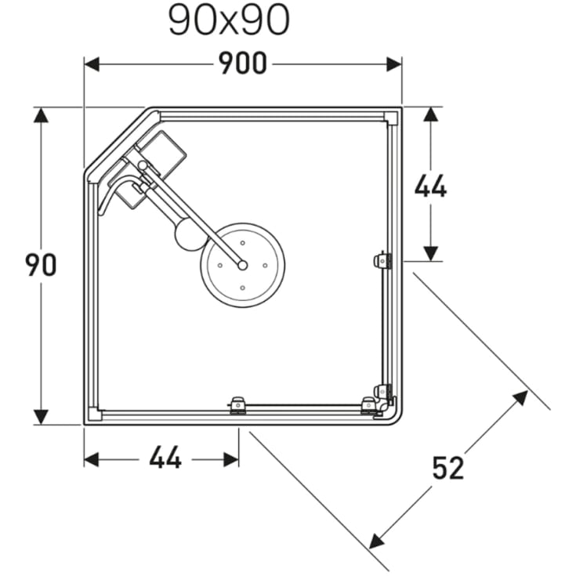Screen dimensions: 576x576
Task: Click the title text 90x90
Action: (x=229, y=21)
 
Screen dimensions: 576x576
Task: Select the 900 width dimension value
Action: (x=243, y=64)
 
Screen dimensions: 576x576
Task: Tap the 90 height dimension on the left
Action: (x=41, y=265)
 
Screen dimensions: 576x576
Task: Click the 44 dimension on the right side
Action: (x=430, y=187)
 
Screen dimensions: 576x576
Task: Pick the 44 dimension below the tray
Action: (x=165, y=458)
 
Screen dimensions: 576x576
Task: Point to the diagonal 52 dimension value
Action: (x=448, y=468)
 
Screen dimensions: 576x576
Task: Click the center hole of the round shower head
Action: (x=243, y=265)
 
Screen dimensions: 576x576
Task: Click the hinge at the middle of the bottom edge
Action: (x=238, y=405)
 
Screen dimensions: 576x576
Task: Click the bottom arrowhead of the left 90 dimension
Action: (x=41, y=417)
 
